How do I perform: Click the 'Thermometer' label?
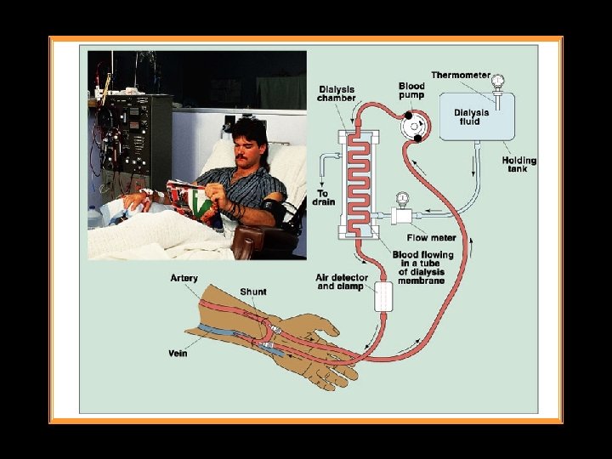coord(460,75)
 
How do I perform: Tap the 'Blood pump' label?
coord(412,91)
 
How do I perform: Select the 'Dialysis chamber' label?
coord(337,93)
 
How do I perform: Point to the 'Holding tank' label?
coord(518,164)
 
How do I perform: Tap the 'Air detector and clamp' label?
coord(342,282)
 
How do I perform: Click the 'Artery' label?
coord(184,278)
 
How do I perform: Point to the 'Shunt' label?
coord(252,292)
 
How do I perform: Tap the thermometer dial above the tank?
coord(497,81)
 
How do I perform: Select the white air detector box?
coord(382,297)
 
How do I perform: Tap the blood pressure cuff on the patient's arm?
coord(275,207)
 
